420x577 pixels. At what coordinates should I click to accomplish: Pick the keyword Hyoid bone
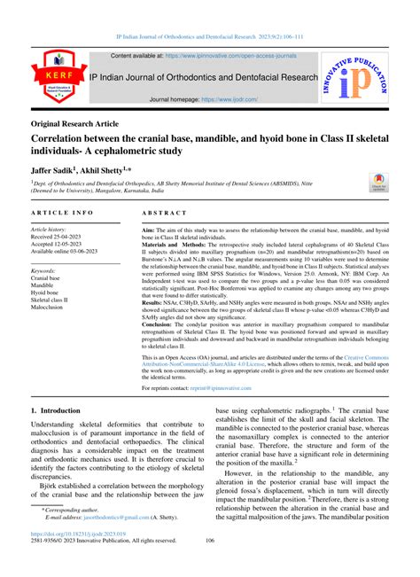point(50,292)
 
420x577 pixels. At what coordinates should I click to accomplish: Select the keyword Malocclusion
point(53,308)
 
